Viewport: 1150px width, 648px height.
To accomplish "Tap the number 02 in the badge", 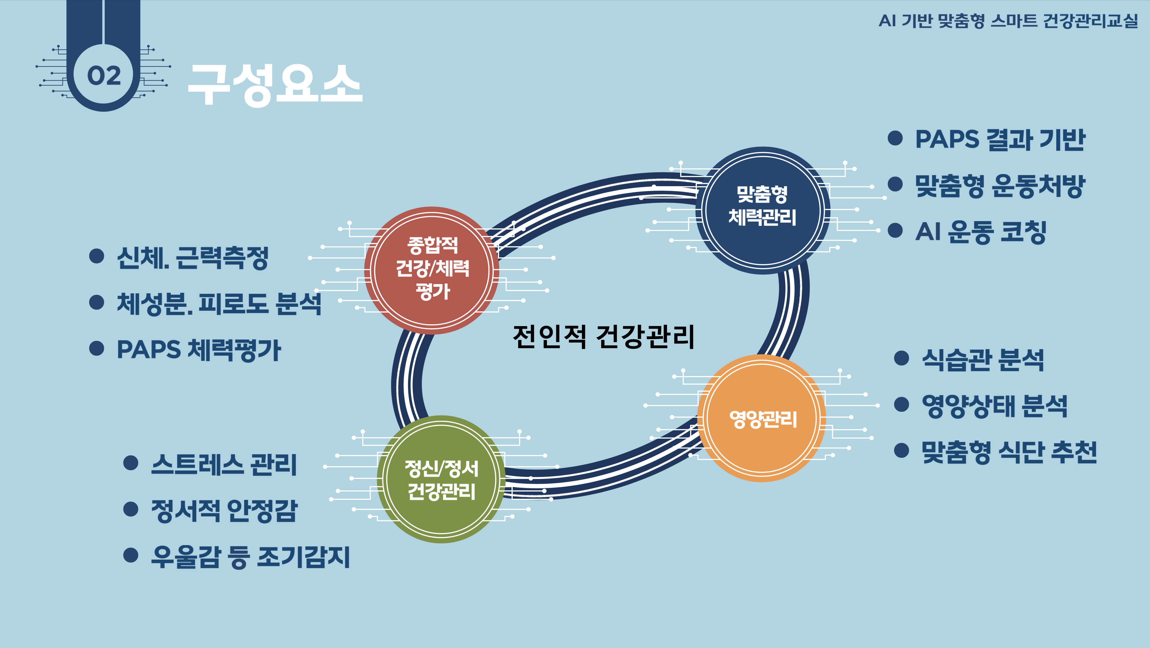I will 103,76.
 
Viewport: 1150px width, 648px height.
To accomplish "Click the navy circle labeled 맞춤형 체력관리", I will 763,210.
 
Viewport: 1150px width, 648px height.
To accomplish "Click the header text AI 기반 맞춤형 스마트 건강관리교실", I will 1008,21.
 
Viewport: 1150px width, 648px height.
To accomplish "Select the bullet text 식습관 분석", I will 983,359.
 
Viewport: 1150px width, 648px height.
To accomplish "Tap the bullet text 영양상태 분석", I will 995,406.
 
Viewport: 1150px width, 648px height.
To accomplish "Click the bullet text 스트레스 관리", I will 224,464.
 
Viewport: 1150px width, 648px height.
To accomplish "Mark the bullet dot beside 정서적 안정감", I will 130,509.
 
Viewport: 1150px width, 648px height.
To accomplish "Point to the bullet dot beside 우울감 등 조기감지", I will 130,555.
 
